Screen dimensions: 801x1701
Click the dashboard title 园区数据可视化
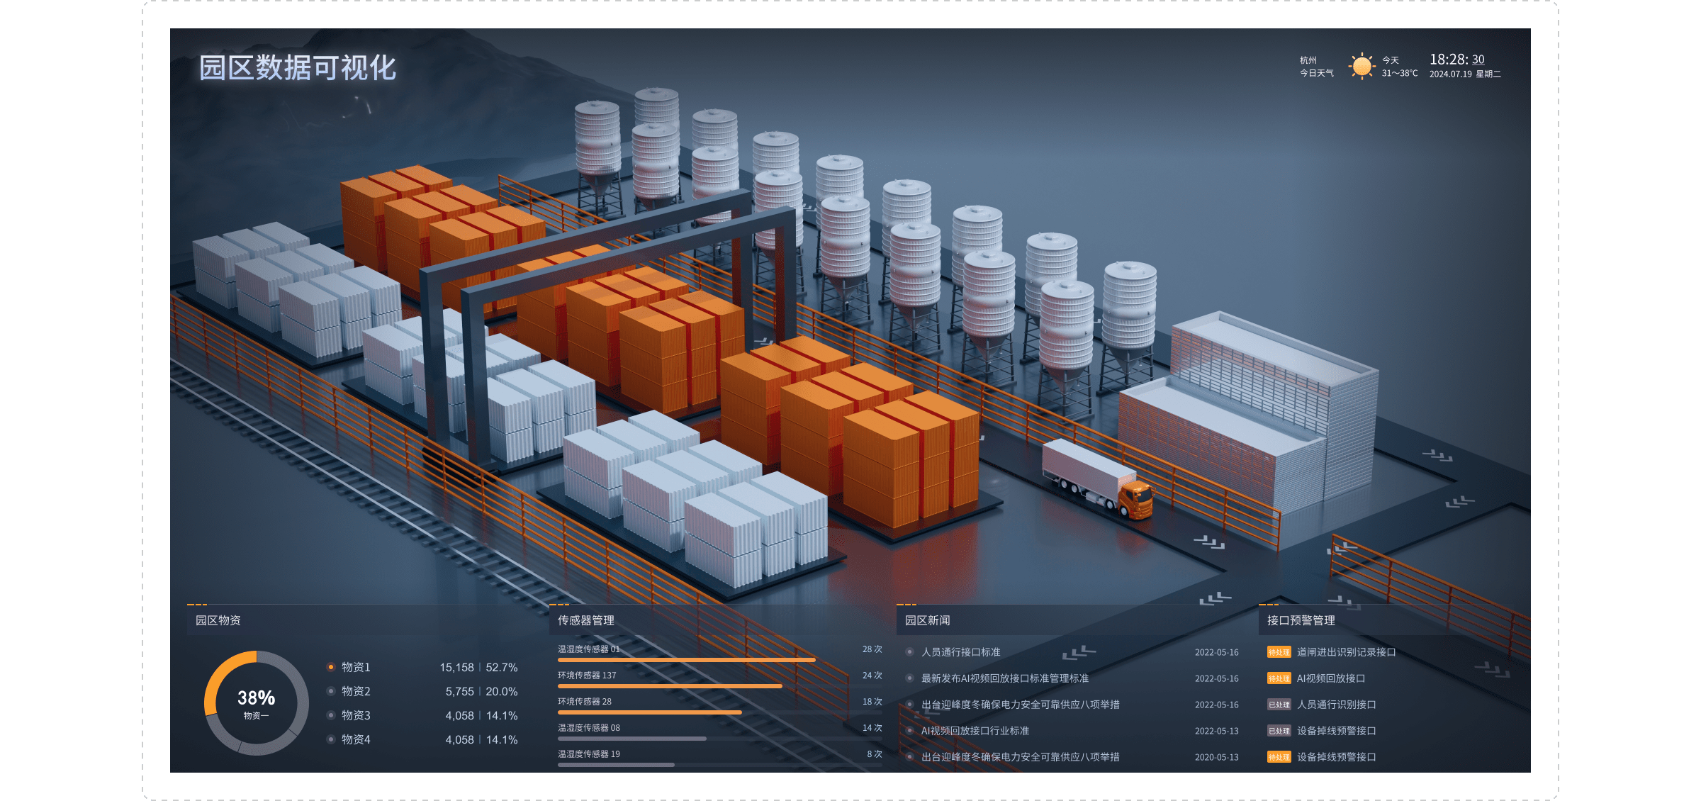297,68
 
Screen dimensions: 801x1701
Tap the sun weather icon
1361,67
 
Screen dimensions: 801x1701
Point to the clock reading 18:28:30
1456,60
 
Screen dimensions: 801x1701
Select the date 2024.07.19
1450,74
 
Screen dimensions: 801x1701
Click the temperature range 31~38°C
1399,74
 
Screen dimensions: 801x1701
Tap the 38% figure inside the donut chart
256,698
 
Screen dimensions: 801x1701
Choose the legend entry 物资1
356,668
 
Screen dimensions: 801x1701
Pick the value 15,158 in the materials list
456,668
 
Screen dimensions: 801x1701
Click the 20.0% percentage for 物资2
502,692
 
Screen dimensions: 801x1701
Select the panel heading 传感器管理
585,621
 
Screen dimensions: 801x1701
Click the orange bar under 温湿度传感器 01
686,660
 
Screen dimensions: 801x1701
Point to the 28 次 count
872,649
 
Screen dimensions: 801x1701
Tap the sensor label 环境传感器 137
587,676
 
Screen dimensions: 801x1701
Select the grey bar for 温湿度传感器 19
616,765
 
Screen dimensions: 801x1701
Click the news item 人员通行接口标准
960,652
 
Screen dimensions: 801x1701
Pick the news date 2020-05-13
1216,757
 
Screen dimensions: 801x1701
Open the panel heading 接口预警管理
1301,621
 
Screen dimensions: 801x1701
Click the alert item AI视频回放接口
1330,678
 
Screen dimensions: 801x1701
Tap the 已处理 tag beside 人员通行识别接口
1279,705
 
